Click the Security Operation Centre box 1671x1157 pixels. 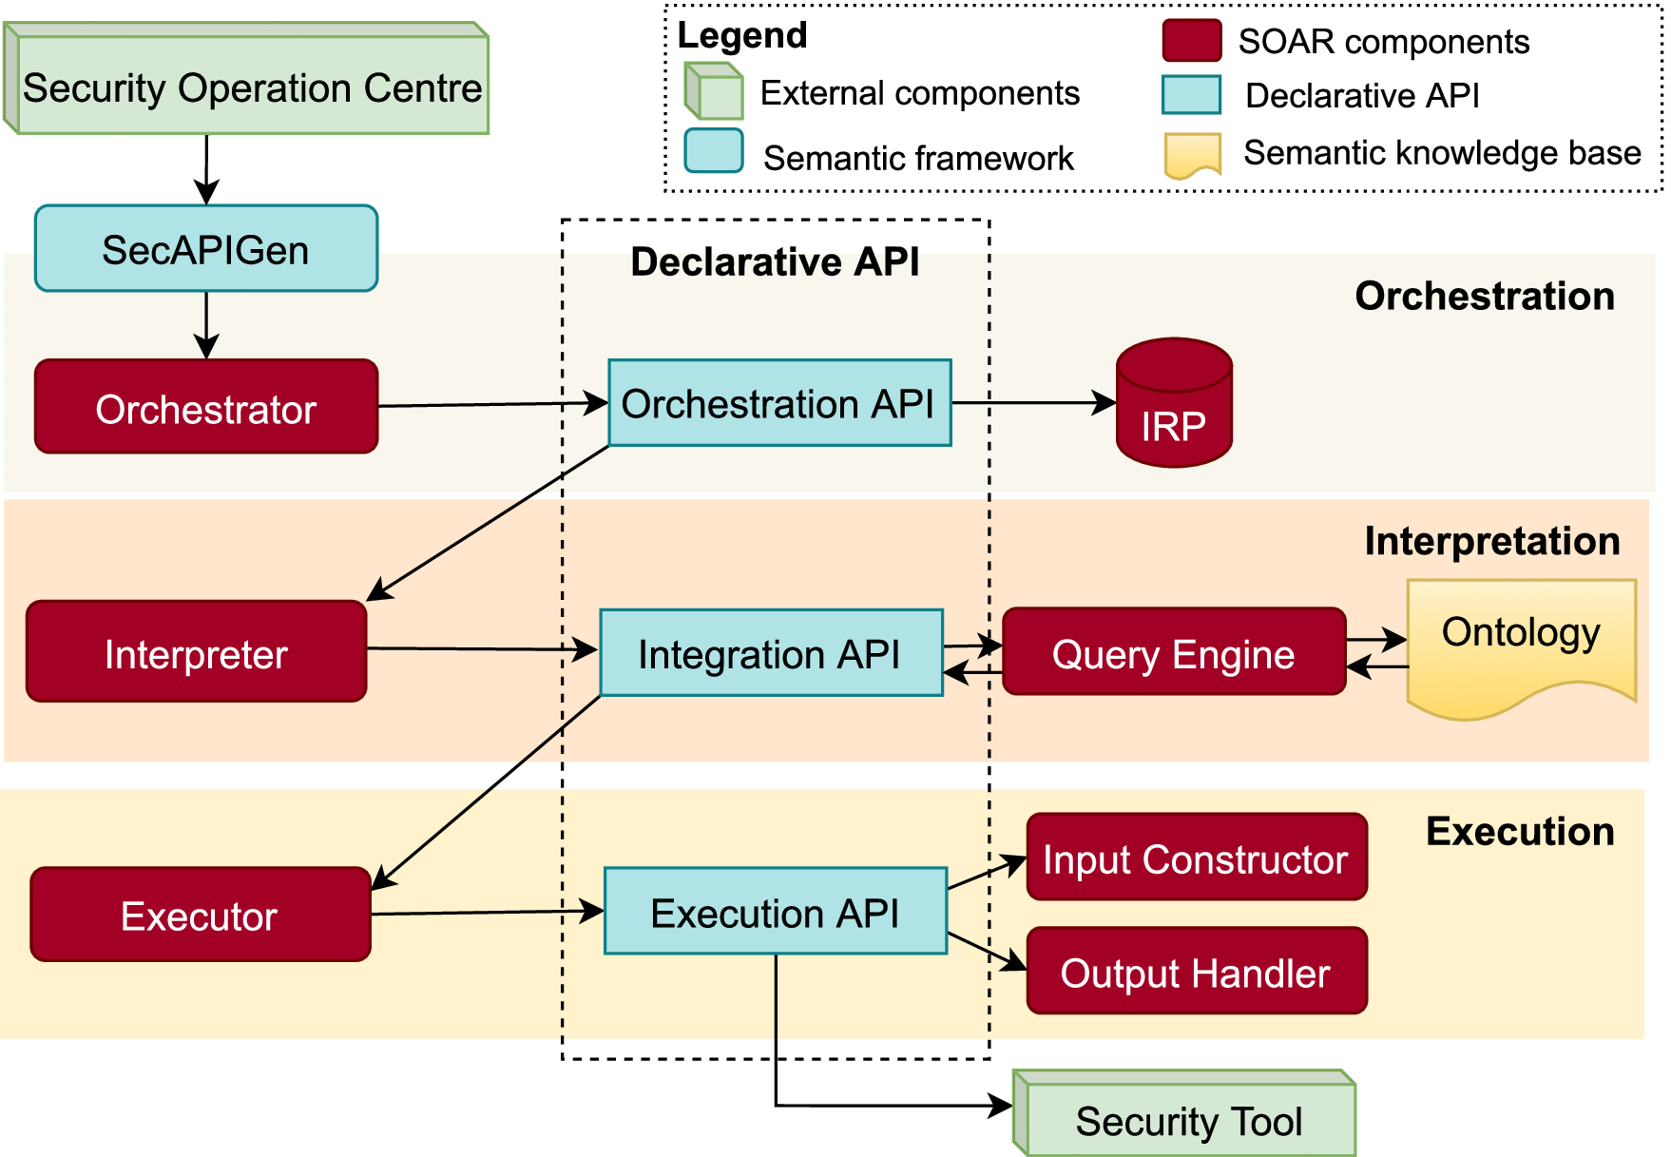pos(246,78)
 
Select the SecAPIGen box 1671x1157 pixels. pos(206,248)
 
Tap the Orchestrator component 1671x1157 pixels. pos(206,407)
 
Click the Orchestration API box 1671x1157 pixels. pos(779,403)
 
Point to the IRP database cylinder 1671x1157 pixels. pos(1174,403)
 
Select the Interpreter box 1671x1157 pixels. pos(197,651)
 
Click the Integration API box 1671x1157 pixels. pos(771,653)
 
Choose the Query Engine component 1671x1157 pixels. pos(1174,652)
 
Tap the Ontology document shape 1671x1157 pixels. pos(1522,646)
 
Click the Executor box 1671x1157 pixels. pos(201,915)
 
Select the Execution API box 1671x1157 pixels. pos(776,911)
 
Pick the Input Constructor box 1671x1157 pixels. pos(1197,858)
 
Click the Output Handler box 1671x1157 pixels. pos(1197,971)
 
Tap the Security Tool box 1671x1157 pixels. pos(1184,1113)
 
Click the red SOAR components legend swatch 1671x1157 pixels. pos(1192,40)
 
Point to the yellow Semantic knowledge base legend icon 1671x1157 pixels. pos(1193,155)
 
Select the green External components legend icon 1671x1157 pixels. pos(714,91)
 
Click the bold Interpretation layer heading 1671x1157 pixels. pos(1492,541)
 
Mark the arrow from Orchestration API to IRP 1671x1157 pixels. pos(1034,403)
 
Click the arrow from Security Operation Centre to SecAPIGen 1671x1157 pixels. pos(206,169)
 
